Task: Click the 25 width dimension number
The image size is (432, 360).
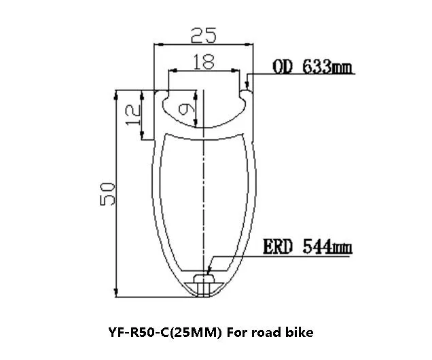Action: tap(204, 33)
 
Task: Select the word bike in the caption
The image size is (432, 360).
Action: tap(297, 333)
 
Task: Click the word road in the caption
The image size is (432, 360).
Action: tap(263, 333)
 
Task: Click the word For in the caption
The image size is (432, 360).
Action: tap(236, 333)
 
